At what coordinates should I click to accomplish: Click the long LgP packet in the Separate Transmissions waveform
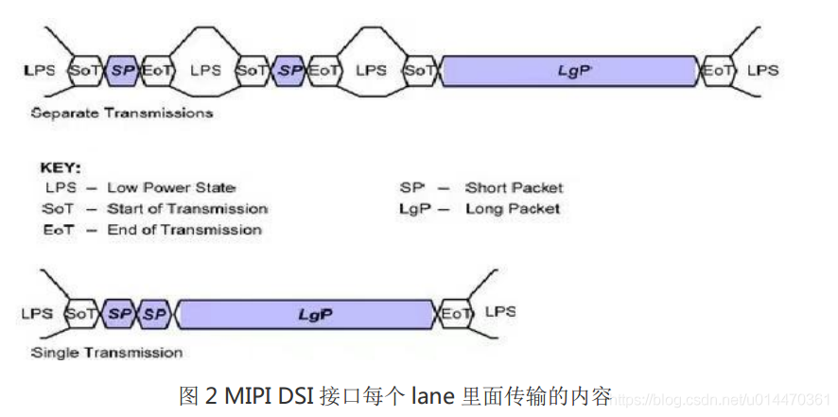click(570, 71)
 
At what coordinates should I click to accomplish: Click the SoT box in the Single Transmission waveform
click(81, 313)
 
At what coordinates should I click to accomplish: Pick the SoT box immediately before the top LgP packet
click(420, 71)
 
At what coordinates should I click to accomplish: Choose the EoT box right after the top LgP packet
click(716, 71)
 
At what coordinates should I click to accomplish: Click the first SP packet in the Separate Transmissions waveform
click(123, 71)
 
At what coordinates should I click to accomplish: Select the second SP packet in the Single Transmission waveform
click(155, 313)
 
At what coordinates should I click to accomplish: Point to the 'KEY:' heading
click(61, 165)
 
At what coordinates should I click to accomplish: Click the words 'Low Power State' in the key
click(171, 187)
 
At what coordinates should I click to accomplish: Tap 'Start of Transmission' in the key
click(187, 208)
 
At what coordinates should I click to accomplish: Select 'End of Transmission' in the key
click(183, 229)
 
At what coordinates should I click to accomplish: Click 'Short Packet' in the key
click(514, 187)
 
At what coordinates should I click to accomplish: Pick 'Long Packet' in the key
click(513, 208)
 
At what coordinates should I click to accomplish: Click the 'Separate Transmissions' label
click(122, 113)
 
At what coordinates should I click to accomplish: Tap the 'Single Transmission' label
click(107, 353)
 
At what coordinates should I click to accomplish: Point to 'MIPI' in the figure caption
click(248, 394)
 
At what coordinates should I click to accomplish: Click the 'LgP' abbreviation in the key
click(412, 208)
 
